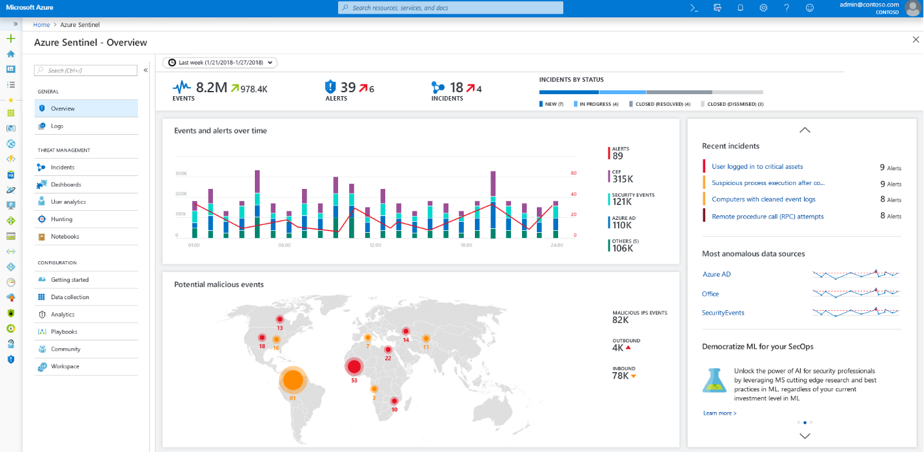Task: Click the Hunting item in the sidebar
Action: (61, 219)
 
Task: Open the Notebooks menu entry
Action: (65, 237)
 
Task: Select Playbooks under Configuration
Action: (64, 331)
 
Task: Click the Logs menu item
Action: (57, 126)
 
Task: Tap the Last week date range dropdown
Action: (220, 63)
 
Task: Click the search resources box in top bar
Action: (450, 8)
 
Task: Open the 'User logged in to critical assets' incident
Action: (757, 166)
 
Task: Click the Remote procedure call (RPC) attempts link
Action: (767, 217)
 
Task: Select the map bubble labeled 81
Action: (293, 380)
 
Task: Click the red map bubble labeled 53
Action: (354, 367)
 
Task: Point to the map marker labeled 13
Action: (280, 319)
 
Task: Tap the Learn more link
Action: (719, 413)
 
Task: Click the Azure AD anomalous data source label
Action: (716, 274)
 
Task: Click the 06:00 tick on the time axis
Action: (284, 245)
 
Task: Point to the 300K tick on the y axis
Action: (181, 173)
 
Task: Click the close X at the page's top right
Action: (916, 40)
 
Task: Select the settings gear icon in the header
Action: (763, 8)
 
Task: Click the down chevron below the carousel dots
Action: (805, 436)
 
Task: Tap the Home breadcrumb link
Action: (41, 25)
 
